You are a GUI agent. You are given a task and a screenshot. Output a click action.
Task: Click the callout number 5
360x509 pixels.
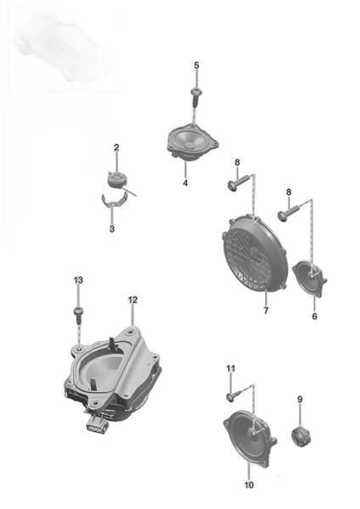coord(196,65)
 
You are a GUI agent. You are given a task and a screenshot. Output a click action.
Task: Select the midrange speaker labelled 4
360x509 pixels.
coord(193,142)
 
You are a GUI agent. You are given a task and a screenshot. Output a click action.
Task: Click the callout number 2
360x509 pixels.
coord(116,148)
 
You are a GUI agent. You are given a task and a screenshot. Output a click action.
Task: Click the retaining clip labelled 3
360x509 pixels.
coord(114,199)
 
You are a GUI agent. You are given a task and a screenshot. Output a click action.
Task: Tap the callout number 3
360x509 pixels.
coord(112,229)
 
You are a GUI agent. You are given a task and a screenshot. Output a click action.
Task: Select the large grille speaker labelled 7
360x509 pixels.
coord(255,255)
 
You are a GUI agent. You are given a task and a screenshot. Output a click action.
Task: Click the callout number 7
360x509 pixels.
coord(266,310)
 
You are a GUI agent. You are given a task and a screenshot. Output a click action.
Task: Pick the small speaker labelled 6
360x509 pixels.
coord(309,278)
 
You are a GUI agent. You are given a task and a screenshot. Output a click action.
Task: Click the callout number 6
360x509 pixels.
coord(314,316)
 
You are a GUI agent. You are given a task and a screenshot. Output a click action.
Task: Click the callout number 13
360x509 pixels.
coord(78,280)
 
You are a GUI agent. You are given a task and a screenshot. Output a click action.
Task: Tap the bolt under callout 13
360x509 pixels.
coord(78,314)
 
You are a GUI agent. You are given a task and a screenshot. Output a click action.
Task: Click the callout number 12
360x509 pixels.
coord(132,300)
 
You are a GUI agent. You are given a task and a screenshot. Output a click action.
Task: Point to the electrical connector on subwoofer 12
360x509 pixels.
coord(97,424)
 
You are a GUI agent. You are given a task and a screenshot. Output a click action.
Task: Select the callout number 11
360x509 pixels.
coord(230,368)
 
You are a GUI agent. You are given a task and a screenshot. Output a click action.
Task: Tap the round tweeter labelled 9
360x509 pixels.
coord(301,436)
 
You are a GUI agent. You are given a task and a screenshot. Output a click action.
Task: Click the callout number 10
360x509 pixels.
coord(249,485)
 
